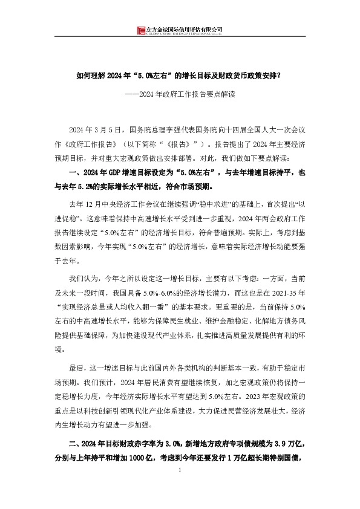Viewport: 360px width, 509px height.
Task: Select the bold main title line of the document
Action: pyautogui.click(x=179, y=77)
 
